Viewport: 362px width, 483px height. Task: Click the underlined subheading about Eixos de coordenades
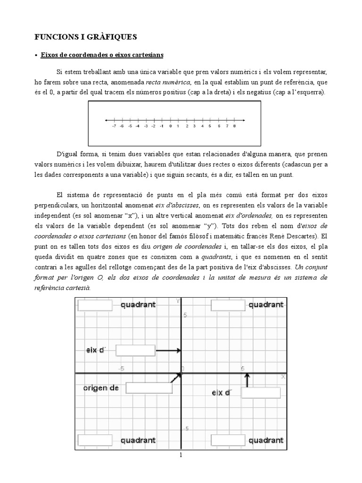coord(102,55)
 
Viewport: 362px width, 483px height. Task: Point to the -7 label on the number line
coord(114,126)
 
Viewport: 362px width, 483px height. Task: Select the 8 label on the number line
coord(234,126)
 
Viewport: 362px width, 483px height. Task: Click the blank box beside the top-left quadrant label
coord(95,305)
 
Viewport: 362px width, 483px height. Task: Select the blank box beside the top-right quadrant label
coord(228,305)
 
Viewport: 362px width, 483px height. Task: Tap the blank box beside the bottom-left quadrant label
coord(95,440)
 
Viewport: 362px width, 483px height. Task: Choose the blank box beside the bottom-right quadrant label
coord(228,440)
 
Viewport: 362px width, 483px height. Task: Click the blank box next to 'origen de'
coord(149,388)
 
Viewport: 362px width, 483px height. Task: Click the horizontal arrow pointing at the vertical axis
coord(168,350)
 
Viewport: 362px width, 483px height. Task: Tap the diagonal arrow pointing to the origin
coord(177,376)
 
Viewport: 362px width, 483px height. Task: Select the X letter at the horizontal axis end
coord(283,376)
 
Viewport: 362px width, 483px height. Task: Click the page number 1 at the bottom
coord(180,455)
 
